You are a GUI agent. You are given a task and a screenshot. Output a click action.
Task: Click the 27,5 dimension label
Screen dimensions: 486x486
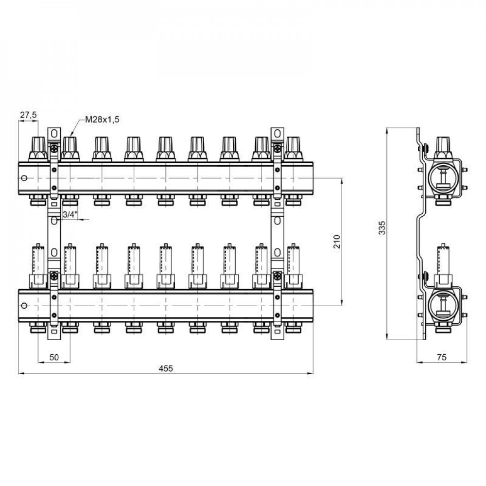[29, 115]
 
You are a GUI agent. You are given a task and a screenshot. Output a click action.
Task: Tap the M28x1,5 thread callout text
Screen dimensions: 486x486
[102, 120]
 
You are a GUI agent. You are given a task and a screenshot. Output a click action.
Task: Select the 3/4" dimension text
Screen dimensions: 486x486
[69, 214]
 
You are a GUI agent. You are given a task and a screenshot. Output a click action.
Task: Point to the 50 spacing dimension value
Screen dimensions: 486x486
[54, 357]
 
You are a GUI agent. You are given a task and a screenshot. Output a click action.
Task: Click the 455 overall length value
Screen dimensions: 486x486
[166, 368]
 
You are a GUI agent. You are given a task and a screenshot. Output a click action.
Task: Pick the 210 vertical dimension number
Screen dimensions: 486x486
[337, 242]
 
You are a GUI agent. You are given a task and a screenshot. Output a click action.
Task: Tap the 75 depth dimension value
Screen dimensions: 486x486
[442, 357]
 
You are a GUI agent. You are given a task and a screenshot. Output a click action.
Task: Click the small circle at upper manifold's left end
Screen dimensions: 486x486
[24, 178]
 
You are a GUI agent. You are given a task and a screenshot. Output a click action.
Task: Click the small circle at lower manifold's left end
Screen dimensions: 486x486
[24, 306]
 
